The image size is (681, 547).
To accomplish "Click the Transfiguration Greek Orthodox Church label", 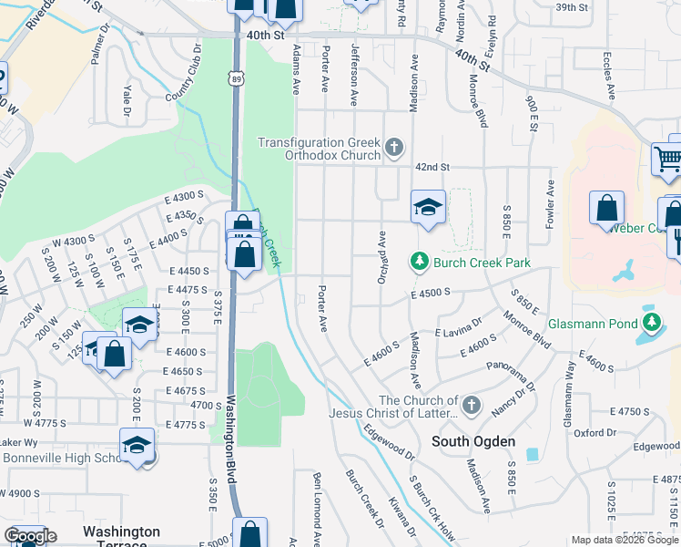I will (318, 149).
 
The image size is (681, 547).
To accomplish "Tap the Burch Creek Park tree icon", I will (420, 263).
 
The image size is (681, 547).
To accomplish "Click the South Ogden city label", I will (473, 441).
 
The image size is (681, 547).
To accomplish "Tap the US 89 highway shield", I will (237, 80).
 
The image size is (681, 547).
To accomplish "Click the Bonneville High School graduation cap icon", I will (137, 445).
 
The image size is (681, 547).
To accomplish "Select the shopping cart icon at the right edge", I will (667, 160).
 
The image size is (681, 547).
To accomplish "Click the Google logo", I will (30, 537).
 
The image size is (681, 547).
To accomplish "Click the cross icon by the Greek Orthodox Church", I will (393, 147).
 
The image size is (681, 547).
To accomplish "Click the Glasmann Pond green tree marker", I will (652, 322).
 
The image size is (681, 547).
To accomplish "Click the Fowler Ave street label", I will (550, 199).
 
